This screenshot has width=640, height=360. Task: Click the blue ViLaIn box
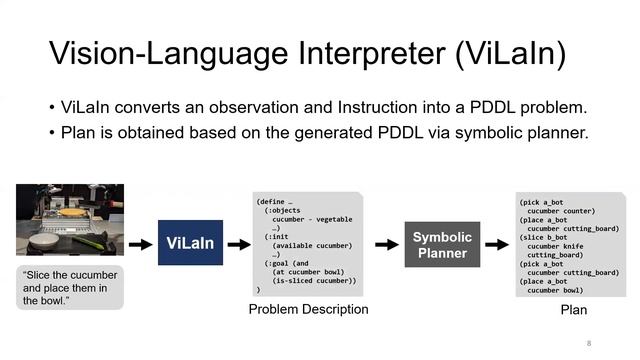[x=190, y=243]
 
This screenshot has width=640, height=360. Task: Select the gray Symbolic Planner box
[x=441, y=244]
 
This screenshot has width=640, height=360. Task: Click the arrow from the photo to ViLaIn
[x=141, y=243]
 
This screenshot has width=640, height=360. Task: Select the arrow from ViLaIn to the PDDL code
[x=239, y=243]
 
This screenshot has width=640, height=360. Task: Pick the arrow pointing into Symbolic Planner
[x=386, y=244]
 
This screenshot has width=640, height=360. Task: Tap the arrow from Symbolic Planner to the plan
[x=495, y=244]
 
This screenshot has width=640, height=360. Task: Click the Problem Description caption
[x=308, y=309]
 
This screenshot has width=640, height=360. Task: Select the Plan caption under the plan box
[x=573, y=310]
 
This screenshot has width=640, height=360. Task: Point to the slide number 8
[x=589, y=343]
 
